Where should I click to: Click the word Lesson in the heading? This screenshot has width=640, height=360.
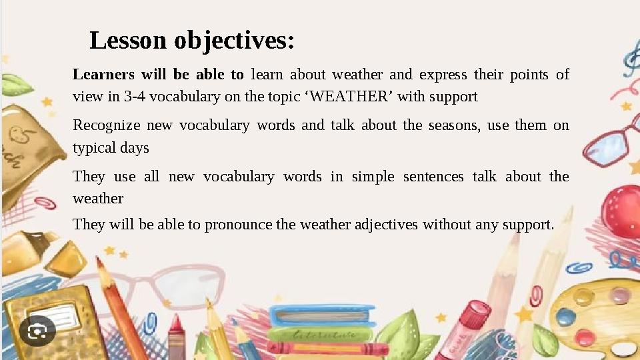coord(129,41)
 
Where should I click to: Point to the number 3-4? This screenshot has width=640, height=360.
coord(135,97)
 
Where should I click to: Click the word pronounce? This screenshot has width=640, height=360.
coord(239,225)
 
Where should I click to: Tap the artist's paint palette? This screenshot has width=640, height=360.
coord(597,313)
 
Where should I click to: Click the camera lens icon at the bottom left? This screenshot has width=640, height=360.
coord(37,331)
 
